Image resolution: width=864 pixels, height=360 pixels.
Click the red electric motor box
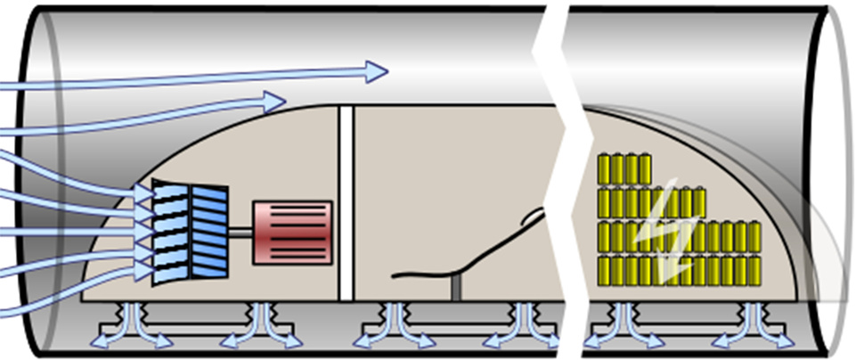[292, 233]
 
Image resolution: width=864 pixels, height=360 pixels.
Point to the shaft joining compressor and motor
[240, 233]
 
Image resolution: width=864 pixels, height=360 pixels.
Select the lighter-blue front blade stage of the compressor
[169, 233]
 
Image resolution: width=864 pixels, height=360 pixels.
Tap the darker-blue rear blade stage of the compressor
[209, 232]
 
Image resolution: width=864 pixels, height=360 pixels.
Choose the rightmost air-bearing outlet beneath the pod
[754, 324]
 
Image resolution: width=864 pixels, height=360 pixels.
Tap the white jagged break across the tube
[557, 178]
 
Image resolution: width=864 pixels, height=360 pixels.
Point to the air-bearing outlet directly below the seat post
[393, 324]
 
